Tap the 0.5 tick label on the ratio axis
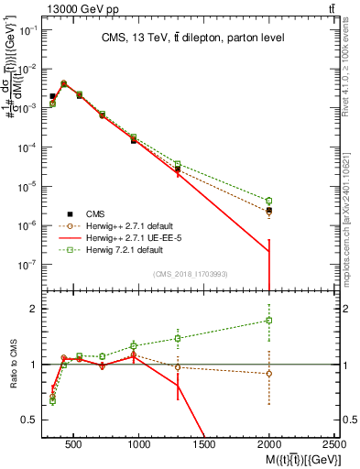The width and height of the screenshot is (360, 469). point(28,420)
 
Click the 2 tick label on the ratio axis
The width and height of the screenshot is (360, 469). point(32,309)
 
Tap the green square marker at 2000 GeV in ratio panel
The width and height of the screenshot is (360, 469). point(269,321)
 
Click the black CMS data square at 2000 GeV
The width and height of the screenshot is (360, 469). point(269,210)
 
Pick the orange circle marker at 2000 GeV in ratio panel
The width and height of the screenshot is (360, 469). point(269,374)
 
